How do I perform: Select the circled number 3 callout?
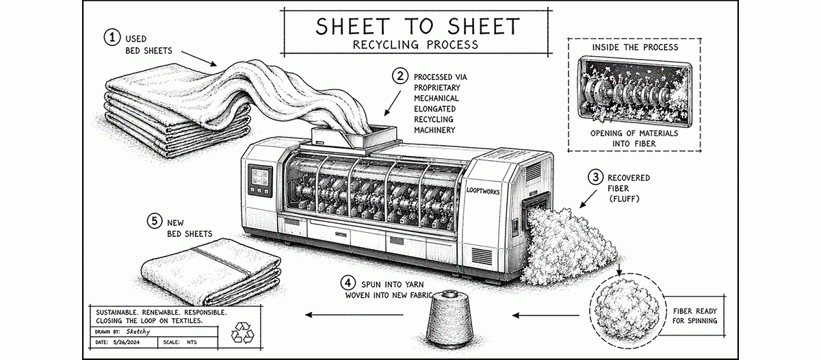coord(595,177)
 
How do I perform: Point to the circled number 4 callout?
coord(349,282)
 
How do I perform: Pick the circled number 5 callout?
coord(155,220)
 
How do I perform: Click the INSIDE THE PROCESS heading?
coord(636,47)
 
